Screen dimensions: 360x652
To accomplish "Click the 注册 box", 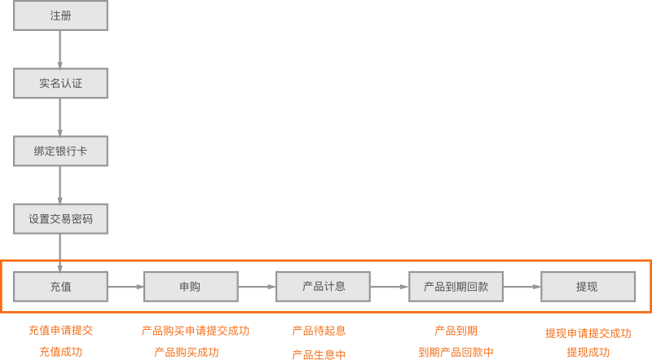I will coord(60,15).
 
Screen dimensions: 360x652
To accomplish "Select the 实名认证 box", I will coord(60,83).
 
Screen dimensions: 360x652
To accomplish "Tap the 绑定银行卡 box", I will coord(60,151).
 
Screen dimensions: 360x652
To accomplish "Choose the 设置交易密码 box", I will coord(60,218).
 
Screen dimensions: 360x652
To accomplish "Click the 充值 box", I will coord(60,286).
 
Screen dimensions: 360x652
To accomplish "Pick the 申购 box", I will coord(191,287).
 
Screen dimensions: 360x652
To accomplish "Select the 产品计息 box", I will coord(323,286).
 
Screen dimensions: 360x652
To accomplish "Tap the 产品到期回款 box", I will coord(456,286).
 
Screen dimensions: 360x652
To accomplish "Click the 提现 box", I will coord(588,286).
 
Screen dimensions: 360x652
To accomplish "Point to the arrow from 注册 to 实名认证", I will coord(60,50).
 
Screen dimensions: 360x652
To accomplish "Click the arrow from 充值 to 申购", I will coord(126,287).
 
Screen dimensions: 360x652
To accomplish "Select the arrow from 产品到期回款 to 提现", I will coord(522,287).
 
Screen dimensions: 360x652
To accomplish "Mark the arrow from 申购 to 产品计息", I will coord(257,287).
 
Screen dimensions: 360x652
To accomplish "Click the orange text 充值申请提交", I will coord(60,331).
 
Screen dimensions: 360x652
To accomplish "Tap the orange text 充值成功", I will coord(60,352).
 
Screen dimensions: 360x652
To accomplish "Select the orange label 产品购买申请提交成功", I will coord(195,331).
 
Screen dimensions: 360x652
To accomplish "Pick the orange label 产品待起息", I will coord(319,331).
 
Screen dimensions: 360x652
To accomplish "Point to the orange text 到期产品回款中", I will coord(456,352).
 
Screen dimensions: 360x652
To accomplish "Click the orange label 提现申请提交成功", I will coord(588,333).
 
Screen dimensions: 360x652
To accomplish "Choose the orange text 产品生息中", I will coord(319,354).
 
